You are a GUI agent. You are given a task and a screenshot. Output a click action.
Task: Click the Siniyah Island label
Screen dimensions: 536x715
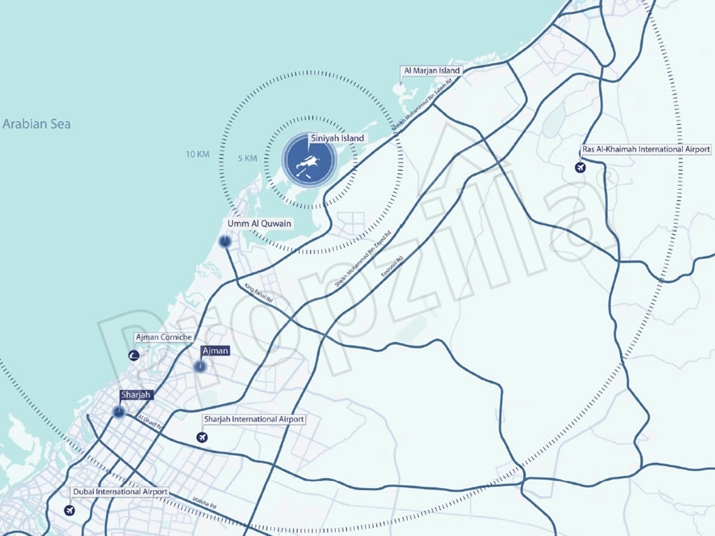337,138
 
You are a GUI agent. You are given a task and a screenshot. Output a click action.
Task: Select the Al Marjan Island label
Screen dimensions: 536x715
432,71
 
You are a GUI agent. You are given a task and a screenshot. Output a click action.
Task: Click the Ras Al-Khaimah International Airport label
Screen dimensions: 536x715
646,149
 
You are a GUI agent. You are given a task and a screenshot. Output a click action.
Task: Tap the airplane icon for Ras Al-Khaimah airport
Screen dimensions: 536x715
579,167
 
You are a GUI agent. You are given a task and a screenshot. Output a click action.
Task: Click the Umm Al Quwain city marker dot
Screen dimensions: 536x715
225,242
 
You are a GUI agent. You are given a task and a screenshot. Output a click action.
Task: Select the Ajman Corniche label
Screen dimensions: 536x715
163,338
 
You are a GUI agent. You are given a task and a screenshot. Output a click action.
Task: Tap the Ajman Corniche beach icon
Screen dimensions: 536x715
134,356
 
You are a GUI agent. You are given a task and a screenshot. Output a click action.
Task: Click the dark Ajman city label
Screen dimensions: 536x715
214,351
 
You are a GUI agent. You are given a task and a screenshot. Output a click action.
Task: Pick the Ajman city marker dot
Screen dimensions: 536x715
200,366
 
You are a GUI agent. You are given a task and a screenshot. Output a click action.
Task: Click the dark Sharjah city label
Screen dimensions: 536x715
135,395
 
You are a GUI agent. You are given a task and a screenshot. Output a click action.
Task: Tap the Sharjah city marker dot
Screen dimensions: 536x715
118,412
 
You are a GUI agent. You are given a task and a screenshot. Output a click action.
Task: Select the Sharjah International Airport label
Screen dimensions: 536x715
253,419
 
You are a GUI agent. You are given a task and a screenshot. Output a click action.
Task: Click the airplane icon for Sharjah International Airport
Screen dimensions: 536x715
202,438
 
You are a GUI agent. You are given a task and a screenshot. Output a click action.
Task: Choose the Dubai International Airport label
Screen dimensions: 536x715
120,492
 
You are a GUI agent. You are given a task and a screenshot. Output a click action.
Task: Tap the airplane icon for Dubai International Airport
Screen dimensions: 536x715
69,510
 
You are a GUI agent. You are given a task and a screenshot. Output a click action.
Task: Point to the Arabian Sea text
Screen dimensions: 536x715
36,124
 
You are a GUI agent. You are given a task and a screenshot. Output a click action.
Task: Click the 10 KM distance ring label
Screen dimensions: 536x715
198,154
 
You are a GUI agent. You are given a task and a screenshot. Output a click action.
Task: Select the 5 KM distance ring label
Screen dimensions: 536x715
247,158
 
